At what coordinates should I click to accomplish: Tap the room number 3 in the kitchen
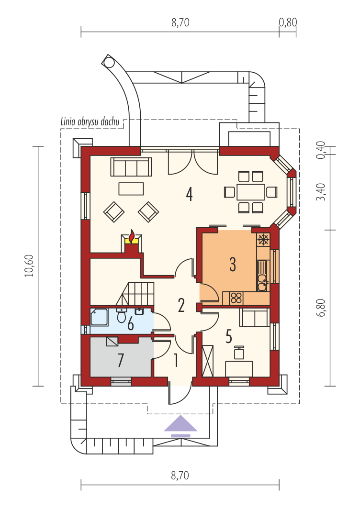(x=233, y=264)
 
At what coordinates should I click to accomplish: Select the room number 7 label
(x=121, y=360)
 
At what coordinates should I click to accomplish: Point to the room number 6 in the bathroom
(x=130, y=324)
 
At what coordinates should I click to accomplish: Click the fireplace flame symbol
(x=132, y=237)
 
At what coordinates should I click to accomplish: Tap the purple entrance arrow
(x=180, y=426)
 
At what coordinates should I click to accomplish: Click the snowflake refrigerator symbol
(x=263, y=240)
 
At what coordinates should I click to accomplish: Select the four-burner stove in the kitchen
(x=236, y=298)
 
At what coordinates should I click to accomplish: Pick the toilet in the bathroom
(x=122, y=315)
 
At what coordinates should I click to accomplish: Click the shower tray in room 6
(x=99, y=317)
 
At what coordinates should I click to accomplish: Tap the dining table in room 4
(x=250, y=192)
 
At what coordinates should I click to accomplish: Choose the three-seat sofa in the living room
(x=131, y=167)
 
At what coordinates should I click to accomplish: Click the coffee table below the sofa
(x=131, y=189)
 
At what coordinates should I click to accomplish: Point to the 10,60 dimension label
(x=30, y=266)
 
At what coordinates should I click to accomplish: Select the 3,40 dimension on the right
(x=321, y=192)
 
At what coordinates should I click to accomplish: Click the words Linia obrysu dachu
(x=90, y=122)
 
